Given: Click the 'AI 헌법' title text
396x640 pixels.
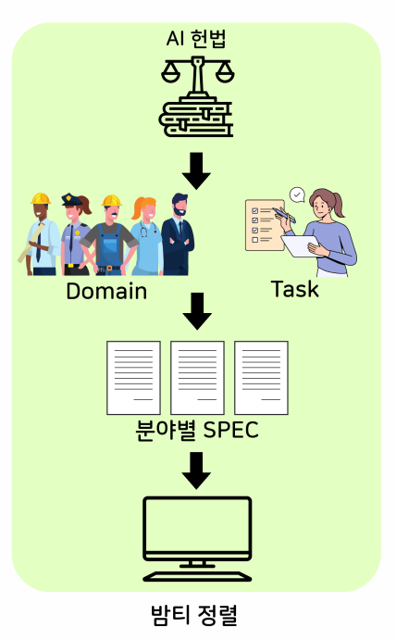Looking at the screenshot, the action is coord(196,39).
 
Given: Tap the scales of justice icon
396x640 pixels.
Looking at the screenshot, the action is coord(197,96).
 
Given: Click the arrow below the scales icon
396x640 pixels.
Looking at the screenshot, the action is coord(196,171).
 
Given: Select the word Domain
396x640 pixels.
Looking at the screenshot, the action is coord(106,291).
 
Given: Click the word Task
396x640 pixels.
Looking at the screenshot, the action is coord(295,289).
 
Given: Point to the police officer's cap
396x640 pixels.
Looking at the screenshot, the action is coord(72,199).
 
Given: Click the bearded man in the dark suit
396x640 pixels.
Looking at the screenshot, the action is coord(178,234).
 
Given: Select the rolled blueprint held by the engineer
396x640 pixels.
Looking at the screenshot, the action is coord(31,244).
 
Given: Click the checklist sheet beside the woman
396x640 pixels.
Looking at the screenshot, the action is coord(265,225).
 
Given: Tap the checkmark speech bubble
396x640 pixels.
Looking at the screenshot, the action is coord(297,195).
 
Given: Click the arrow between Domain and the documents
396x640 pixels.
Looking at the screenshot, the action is coord(197,311).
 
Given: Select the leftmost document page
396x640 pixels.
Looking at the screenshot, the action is coord(133,378).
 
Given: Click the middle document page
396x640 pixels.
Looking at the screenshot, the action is coord(197,378).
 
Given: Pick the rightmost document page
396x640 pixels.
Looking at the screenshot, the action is coord(262,378).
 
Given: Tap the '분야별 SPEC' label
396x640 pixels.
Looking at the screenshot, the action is coord(197,430).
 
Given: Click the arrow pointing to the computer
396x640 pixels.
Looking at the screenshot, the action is coord(196,471).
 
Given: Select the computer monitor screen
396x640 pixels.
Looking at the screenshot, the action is coord(197,524).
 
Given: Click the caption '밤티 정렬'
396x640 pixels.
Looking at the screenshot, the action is coord(194,615).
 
